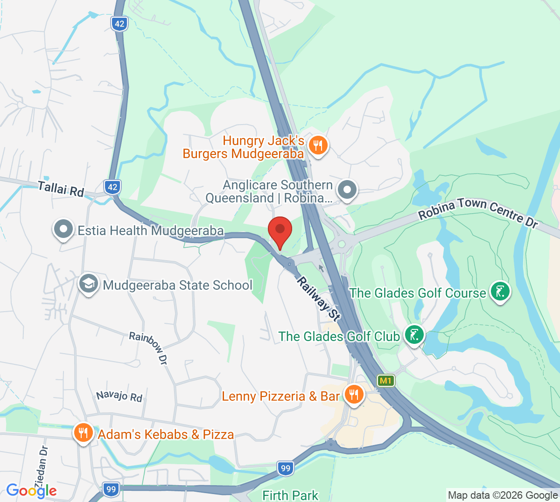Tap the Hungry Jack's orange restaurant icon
pos(318,145)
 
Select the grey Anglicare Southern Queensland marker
pos(347,190)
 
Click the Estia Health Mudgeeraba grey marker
pos(63,230)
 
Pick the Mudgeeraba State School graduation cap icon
pos(88,283)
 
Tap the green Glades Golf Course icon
pos(500,292)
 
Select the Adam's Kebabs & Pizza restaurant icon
pos(83,432)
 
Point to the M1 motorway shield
pos(385,381)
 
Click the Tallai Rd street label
pos(61,189)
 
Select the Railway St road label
pos(319,299)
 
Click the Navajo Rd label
pos(119,396)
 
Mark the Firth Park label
pos(290,495)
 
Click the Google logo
pos(31,490)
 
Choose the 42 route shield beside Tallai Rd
pos(112,187)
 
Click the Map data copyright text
pos(503,495)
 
